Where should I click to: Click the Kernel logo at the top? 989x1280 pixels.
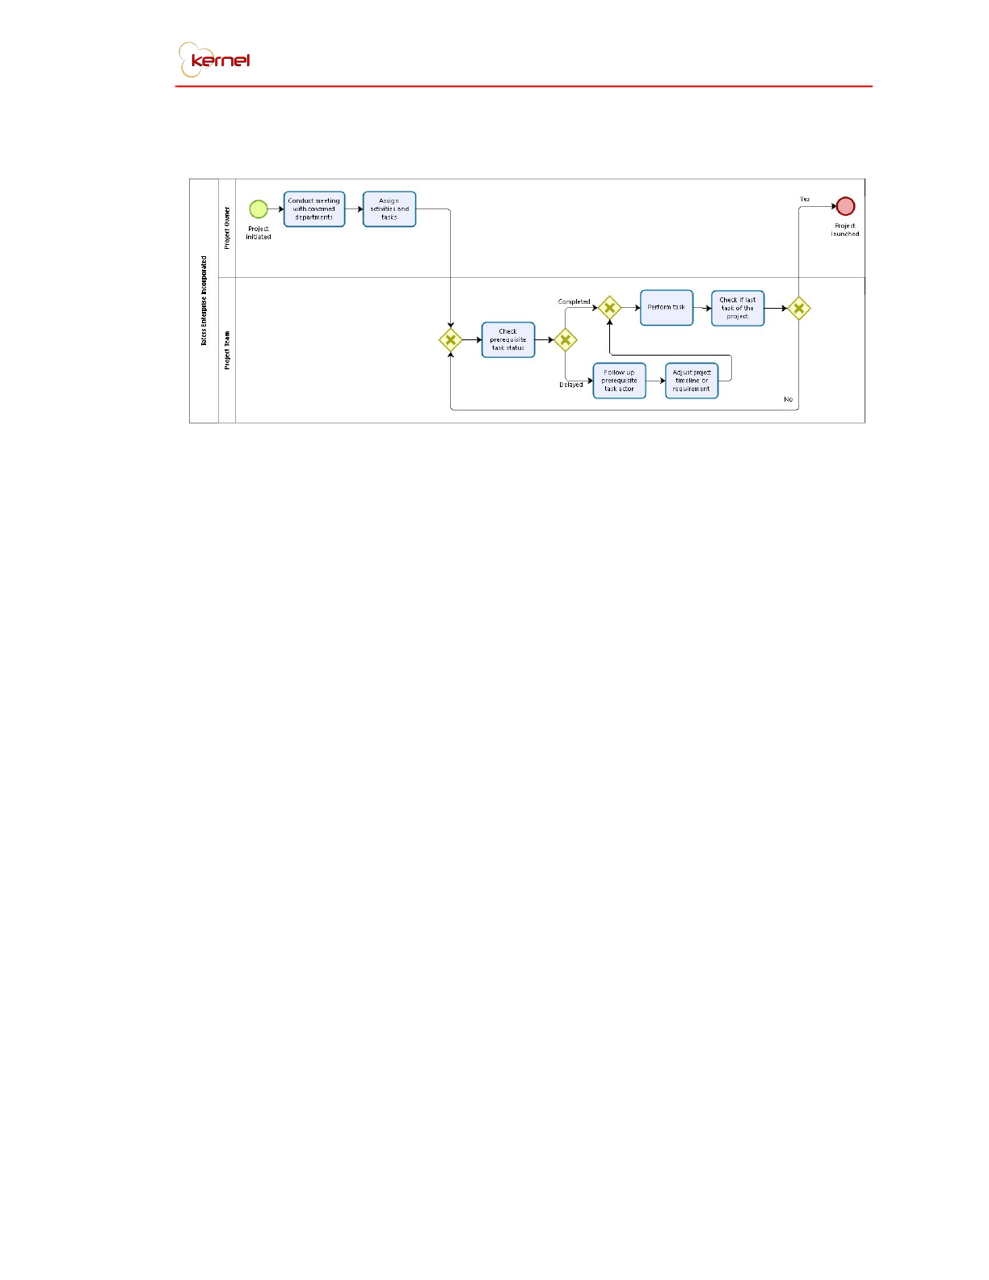tap(215, 60)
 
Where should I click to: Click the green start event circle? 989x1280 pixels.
tap(259, 209)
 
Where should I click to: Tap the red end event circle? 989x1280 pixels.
tap(845, 206)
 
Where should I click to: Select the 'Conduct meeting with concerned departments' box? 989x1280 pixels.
tap(314, 209)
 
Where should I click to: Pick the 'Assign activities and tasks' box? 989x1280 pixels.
tap(389, 209)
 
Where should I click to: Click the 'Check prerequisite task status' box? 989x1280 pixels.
tap(508, 340)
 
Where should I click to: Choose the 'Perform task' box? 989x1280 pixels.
tap(667, 308)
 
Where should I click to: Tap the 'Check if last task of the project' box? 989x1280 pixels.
tap(738, 308)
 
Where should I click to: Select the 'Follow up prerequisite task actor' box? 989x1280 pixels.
tap(620, 381)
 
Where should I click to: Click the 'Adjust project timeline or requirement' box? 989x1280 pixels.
tap(692, 381)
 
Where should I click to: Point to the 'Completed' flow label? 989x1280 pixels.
tap(574, 302)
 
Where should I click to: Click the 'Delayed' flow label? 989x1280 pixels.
tap(571, 385)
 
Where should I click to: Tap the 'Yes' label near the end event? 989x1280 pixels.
tap(805, 199)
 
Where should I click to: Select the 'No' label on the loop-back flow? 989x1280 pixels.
tap(789, 399)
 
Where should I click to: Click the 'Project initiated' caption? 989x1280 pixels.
tap(259, 233)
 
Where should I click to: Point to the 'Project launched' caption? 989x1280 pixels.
tap(845, 230)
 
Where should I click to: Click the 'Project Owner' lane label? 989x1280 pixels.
tap(227, 228)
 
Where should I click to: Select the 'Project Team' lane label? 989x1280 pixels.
tap(227, 350)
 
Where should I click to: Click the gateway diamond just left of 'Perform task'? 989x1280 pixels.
tap(610, 308)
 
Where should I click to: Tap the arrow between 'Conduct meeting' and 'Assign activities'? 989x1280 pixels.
tap(354, 209)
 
